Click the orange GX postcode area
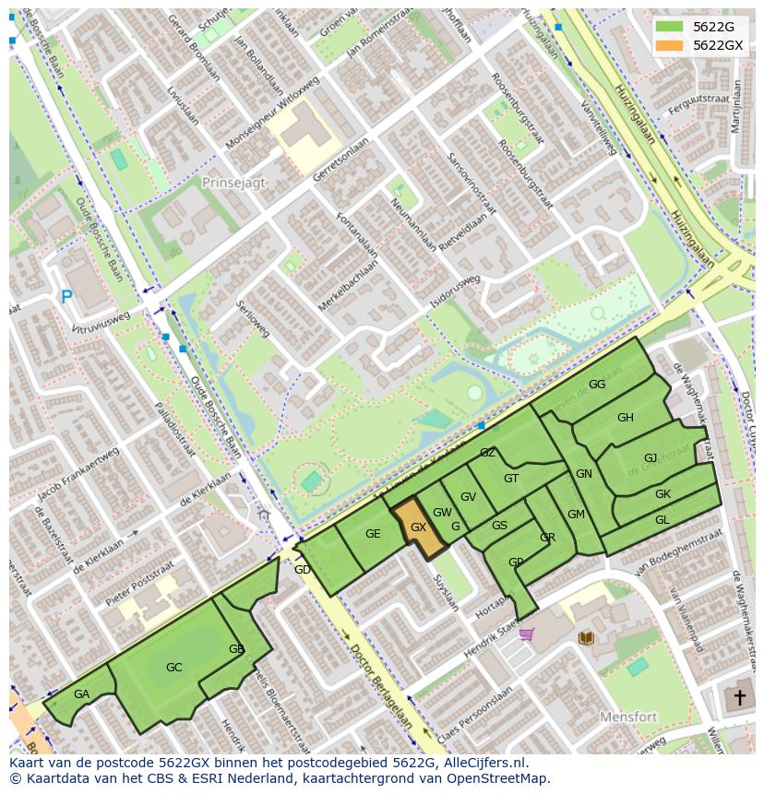coord(418,527)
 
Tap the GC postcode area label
coord(173,667)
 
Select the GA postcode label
coord(81,694)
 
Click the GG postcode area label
coord(597,385)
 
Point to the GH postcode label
coord(626,418)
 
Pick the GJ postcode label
coord(651,458)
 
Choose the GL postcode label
coord(663,520)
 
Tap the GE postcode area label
coord(373,534)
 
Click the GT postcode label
coord(511,478)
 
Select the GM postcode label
coord(576,515)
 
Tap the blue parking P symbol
coord(66,297)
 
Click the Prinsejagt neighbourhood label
coord(233,183)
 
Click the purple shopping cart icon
coord(526,634)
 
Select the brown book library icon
coord(585,637)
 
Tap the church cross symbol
coord(739,697)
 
